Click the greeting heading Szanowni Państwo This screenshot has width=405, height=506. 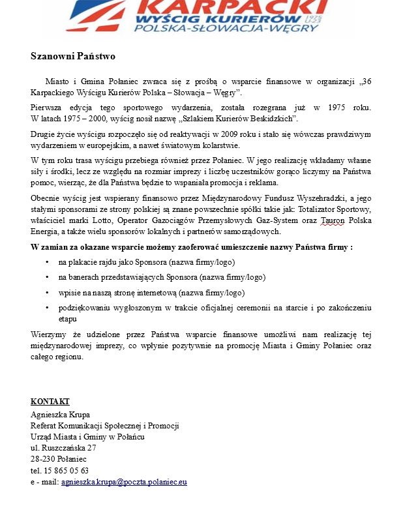[x=73, y=56]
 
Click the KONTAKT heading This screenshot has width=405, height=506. [x=50, y=401]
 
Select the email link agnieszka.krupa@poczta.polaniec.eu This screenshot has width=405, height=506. [x=124, y=483]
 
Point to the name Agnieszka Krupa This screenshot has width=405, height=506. [x=60, y=414]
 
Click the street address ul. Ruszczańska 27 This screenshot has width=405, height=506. [x=63, y=448]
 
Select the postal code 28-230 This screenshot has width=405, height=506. [x=42, y=459]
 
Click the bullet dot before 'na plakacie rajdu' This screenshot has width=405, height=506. [x=47, y=262]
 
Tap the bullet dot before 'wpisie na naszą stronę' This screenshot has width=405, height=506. [x=47, y=293]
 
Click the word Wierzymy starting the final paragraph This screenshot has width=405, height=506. [x=49, y=335]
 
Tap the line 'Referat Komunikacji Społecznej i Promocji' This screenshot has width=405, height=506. [x=104, y=425]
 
